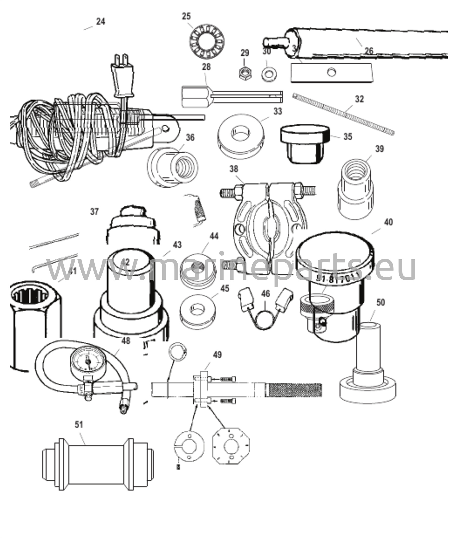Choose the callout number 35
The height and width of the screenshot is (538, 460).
(x=348, y=137)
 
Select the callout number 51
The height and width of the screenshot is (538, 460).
(x=79, y=425)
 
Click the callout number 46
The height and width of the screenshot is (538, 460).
(x=266, y=293)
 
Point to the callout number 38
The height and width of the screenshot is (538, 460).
(x=234, y=169)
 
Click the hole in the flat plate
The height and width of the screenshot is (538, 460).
(x=332, y=71)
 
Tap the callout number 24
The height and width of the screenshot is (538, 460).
(x=101, y=21)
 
